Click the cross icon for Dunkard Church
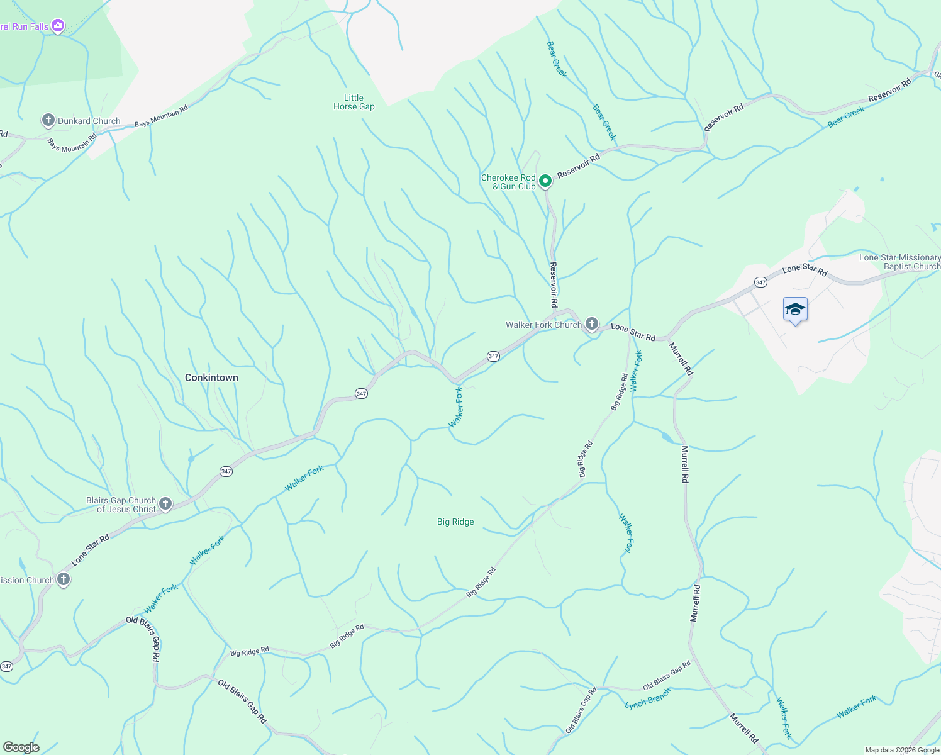pyautogui.click(x=48, y=120)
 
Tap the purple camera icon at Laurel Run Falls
pyautogui.click(x=58, y=26)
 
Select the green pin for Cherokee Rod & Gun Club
pyautogui.click(x=545, y=181)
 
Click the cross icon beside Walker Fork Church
pyautogui.click(x=591, y=324)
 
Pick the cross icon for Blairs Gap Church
pyautogui.click(x=165, y=504)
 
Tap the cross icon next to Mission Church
pyautogui.click(x=63, y=579)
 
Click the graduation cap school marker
pyautogui.click(x=795, y=310)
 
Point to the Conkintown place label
pyautogui.click(x=211, y=377)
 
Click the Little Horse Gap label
pyautogui.click(x=354, y=102)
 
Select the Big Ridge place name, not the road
pyautogui.click(x=455, y=522)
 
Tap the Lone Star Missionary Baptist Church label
pyautogui.click(x=899, y=262)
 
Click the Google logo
pyautogui.click(x=21, y=747)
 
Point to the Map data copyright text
pyautogui.click(x=901, y=750)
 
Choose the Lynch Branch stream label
pyautogui.click(x=648, y=699)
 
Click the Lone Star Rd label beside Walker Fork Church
pyautogui.click(x=633, y=332)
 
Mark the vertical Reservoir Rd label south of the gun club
pyautogui.click(x=554, y=284)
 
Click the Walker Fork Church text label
pyautogui.click(x=543, y=325)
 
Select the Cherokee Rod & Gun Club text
pyautogui.click(x=508, y=182)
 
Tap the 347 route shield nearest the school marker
pyautogui.click(x=760, y=282)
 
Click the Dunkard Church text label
pyautogui.click(x=89, y=121)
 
